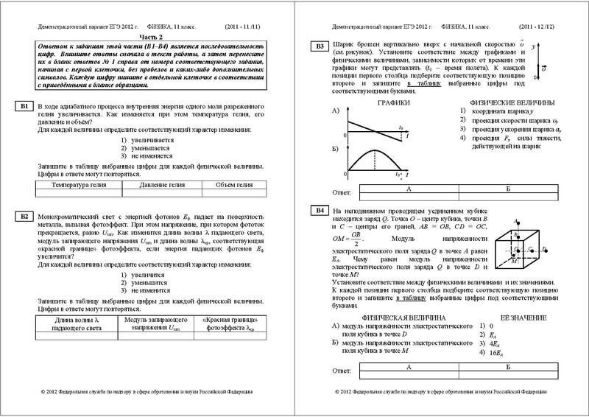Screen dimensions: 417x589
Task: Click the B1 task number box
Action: [24, 107]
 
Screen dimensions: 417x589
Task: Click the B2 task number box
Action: [24, 217]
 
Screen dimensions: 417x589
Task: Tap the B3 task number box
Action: [319, 48]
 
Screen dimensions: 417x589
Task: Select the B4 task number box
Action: [319, 212]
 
